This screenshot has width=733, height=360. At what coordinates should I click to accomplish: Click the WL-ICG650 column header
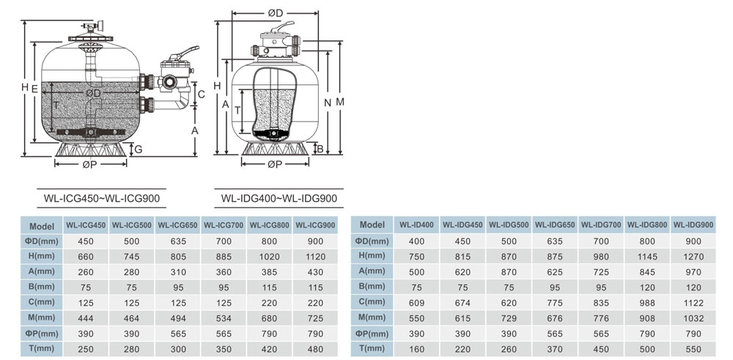coord(177,225)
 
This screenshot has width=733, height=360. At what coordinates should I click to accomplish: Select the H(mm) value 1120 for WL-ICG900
coord(315,256)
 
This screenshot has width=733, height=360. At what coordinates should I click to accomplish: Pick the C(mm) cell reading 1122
coord(693,303)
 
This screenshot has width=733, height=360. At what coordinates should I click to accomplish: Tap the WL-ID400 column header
coord(416,225)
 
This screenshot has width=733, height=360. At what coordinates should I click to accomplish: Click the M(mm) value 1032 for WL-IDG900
coord(693,318)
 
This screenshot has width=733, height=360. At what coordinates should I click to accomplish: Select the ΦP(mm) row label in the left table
coord(42,334)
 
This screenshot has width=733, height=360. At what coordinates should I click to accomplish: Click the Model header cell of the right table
coord(372,225)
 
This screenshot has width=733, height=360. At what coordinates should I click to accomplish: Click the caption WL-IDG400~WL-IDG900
coord(279,198)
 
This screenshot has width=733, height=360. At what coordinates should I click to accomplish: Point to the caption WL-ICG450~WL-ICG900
coord(102,198)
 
